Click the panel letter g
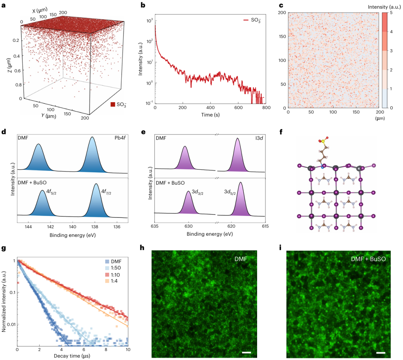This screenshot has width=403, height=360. (x=3, y=249)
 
